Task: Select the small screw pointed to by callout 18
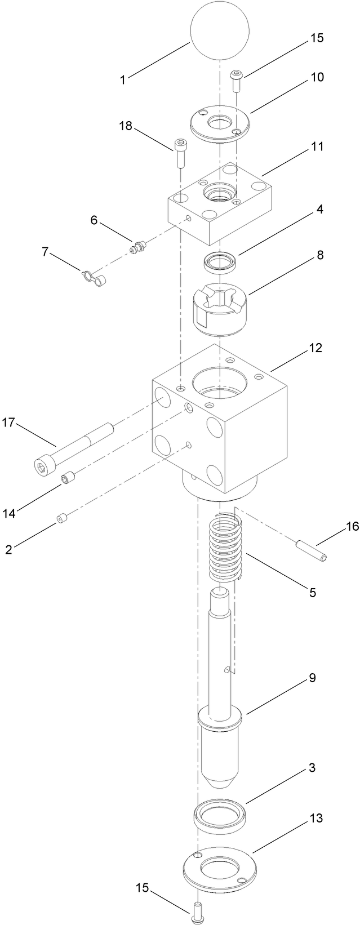coord(180,153)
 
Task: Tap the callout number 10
coord(317,77)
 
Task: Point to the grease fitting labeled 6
coord(138,246)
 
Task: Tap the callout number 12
coord(315,348)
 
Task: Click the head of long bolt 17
coord(43,465)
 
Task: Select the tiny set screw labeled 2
coord(62,518)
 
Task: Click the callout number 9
coord(312,678)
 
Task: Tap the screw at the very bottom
coord(198,907)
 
